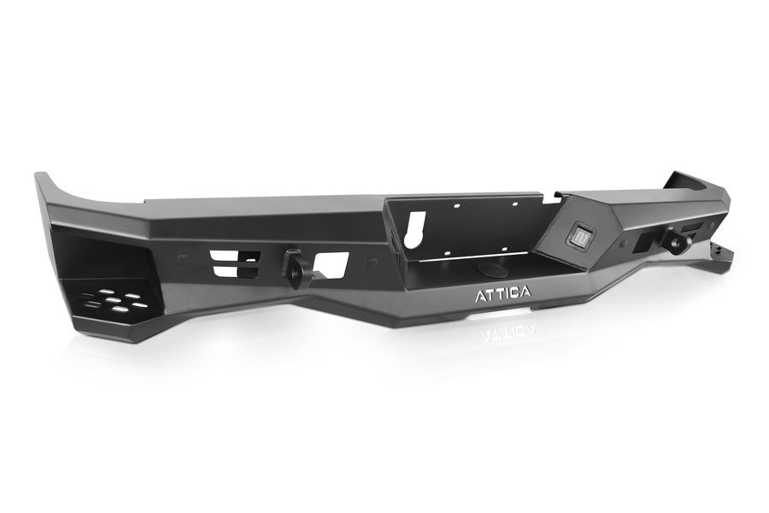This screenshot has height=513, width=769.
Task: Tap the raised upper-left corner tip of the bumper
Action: [x=40, y=177]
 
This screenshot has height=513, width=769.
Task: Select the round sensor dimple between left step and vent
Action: [x=182, y=258]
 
